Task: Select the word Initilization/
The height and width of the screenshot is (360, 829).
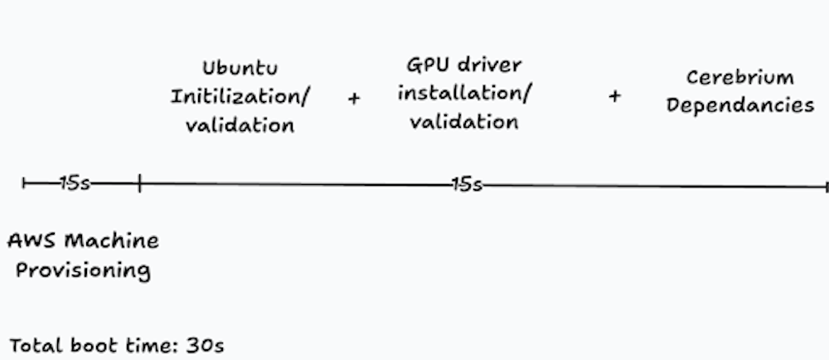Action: pos(240,96)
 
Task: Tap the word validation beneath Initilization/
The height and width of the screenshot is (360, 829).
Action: pos(239,125)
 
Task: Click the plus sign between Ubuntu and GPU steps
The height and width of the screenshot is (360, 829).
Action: pos(354,98)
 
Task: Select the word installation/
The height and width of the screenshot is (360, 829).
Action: pos(464,92)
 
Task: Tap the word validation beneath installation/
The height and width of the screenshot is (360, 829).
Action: pos(464,121)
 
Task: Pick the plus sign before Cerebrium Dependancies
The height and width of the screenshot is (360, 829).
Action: pos(614,96)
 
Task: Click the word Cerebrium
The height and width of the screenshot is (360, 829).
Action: pos(740,77)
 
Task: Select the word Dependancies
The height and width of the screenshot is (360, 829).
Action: pos(740,106)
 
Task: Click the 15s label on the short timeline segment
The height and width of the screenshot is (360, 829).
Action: pos(75,183)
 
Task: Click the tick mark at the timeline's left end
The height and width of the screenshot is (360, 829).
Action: pos(26,183)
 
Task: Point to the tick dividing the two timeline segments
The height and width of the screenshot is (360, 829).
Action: pos(139,183)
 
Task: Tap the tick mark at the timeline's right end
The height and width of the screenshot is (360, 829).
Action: pos(826,187)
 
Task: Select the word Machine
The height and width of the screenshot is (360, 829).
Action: pos(112,241)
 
